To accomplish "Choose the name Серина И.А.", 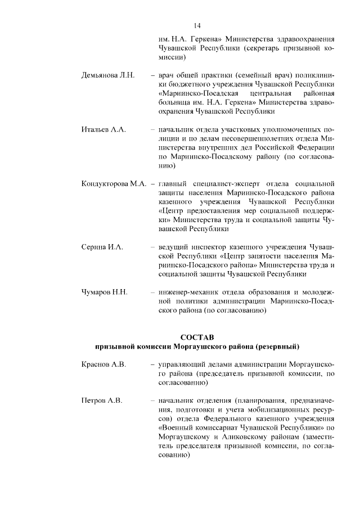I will point(102,247).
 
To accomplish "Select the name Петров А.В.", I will point(102,400).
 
